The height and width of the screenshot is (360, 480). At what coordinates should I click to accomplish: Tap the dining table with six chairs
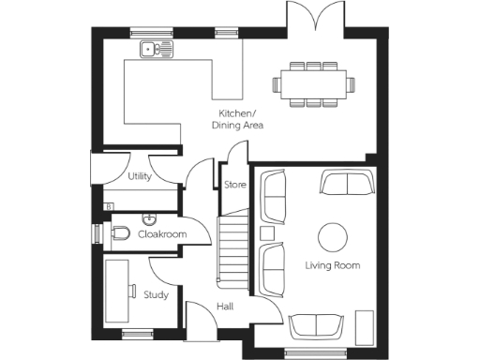point(314,83)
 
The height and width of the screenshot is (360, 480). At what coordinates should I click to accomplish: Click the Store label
point(234,185)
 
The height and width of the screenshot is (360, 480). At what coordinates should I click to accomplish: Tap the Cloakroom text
point(161,234)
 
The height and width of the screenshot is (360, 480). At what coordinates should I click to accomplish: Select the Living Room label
point(333,265)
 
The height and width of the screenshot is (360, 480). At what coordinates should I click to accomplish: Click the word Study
point(156,294)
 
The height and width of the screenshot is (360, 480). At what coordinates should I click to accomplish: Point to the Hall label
point(225,307)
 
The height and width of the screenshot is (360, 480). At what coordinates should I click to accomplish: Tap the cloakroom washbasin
point(149,218)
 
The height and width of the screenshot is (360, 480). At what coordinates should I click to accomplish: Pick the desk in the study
point(118,292)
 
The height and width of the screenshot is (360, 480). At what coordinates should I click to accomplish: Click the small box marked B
point(110,206)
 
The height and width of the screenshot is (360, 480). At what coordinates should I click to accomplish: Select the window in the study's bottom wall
point(138,333)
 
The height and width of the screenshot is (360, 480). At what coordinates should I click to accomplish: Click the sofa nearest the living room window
point(316,325)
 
